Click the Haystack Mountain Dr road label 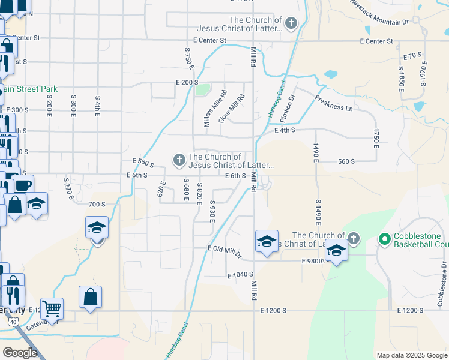point(379,12)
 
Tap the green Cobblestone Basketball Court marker point(385,239)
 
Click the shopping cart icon point(52,308)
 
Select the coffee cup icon point(23,185)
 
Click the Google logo point(20,353)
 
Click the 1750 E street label point(376,138)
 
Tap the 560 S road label point(346,161)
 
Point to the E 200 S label point(187,82)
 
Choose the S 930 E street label point(212,211)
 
